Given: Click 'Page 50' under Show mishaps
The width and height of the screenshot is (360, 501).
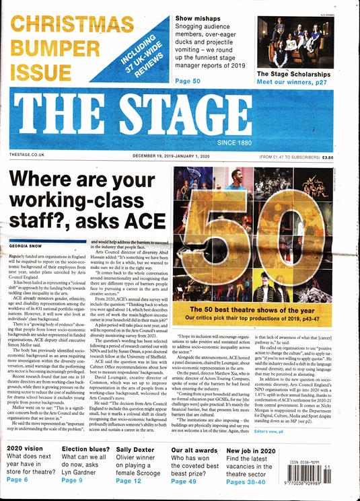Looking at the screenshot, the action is tap(188, 81).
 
